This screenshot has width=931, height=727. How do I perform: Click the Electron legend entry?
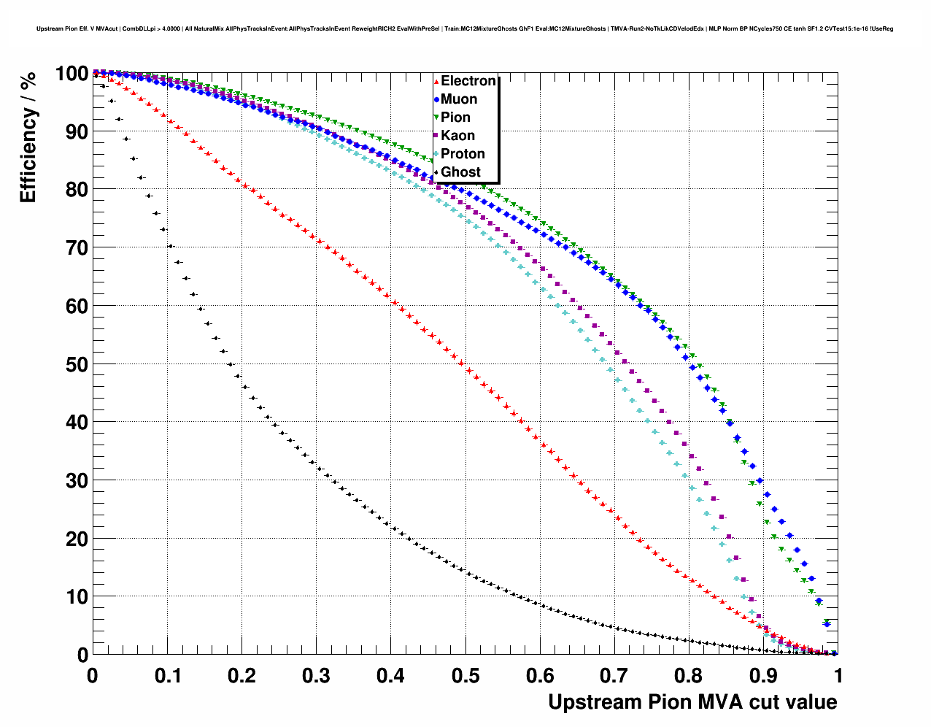(x=468, y=81)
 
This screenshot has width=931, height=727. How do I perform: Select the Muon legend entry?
(x=459, y=99)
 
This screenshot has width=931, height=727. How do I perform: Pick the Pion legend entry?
(x=455, y=118)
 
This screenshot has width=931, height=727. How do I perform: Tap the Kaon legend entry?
(x=457, y=136)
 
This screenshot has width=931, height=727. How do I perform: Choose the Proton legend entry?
(x=463, y=154)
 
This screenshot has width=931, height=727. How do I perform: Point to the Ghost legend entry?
(x=460, y=172)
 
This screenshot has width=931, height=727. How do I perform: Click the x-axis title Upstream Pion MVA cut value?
(x=692, y=702)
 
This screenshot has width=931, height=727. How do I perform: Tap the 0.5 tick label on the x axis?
(x=465, y=676)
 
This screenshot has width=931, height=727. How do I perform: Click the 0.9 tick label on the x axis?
(x=764, y=676)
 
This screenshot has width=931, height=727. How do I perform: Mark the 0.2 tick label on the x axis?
(x=242, y=676)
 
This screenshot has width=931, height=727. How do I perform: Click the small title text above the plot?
(x=465, y=29)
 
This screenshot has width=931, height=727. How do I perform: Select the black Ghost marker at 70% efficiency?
(x=171, y=246)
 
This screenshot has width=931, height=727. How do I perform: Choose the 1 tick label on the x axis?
(x=838, y=676)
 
